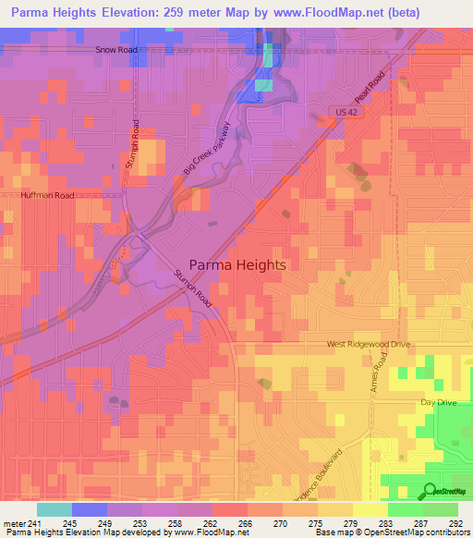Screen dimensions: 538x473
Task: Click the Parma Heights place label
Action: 237,263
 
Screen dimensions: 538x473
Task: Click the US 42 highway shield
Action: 341,111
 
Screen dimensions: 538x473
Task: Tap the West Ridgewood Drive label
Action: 367,344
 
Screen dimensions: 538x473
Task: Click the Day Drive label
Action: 439,403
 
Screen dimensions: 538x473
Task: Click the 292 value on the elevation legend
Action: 455,524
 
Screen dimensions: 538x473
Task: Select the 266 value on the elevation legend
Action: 245,524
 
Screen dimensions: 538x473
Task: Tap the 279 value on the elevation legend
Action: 349,524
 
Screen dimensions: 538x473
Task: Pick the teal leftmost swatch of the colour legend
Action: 55,509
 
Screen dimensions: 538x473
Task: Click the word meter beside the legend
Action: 14,524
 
